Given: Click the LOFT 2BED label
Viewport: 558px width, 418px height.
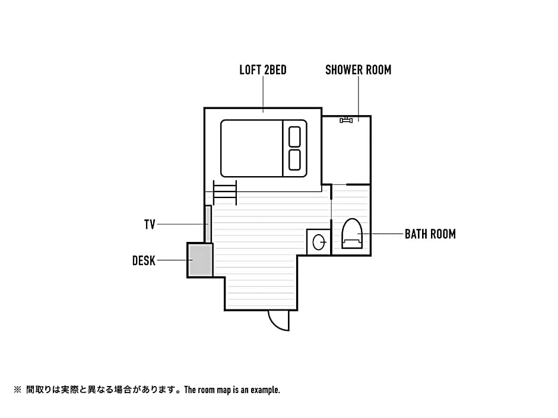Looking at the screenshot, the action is coord(263,70).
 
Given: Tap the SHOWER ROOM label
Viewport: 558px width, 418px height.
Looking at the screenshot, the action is coord(359,70).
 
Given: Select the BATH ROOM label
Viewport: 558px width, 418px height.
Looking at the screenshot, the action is coord(430,234).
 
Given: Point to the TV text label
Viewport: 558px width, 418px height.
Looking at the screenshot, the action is coord(150,224).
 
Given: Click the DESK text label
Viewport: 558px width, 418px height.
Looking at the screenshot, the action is coord(144,260).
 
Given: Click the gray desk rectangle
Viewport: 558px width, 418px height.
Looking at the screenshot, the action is coord(201,260).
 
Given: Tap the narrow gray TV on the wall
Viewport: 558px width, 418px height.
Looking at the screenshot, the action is coord(208,224).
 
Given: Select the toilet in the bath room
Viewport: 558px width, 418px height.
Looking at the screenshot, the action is coord(351,233).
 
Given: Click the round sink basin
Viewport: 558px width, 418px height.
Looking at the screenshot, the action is coord(319,242).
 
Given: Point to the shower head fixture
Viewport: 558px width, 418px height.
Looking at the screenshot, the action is coord(346,120).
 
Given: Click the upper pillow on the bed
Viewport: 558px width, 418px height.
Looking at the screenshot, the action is coord(294,136).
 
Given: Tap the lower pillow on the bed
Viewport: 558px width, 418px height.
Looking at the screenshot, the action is coord(294,160).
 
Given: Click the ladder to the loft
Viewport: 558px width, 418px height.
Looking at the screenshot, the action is coord(225,192).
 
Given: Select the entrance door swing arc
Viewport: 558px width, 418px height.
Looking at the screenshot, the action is coord(275,324).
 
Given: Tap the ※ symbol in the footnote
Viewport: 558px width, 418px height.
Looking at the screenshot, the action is coord(17,390).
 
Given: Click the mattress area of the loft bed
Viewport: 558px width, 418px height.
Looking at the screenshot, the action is coord(252,148).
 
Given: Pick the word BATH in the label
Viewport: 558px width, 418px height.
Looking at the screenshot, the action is coord(414,234).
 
